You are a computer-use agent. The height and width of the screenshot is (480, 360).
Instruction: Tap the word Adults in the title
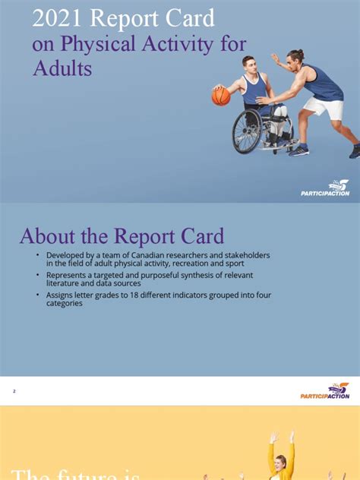click(x=62, y=68)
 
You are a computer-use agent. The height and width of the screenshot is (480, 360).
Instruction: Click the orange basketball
click(x=220, y=96)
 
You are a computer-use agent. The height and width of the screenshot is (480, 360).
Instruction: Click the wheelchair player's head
click(x=248, y=64)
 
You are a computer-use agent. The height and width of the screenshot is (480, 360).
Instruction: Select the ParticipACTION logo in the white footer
click(x=324, y=391)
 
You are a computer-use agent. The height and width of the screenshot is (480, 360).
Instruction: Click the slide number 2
click(x=14, y=391)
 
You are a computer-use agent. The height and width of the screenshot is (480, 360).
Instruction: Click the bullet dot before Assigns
click(x=38, y=294)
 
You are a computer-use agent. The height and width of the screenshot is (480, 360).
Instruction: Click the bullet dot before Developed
click(x=38, y=255)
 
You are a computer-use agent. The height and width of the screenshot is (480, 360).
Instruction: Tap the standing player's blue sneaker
click(x=298, y=150)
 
